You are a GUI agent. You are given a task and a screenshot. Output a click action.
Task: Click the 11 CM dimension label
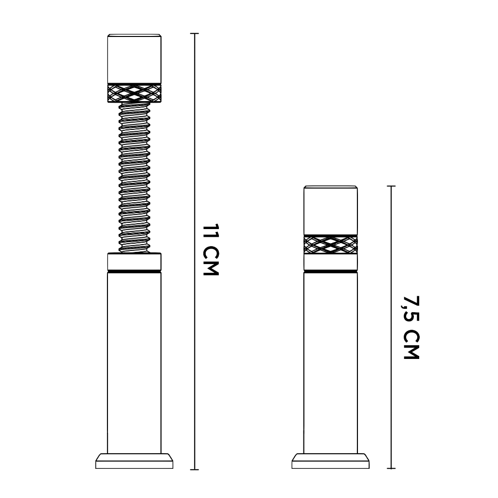211,250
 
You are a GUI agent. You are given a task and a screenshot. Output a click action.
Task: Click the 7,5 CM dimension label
411,327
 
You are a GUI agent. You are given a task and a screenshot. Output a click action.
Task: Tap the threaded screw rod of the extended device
134,178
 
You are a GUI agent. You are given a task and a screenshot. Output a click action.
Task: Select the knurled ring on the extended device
134,93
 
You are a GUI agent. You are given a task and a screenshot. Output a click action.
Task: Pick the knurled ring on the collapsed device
331,245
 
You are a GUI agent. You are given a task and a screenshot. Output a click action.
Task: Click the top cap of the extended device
134,58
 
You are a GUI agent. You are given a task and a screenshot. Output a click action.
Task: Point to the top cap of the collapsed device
331,211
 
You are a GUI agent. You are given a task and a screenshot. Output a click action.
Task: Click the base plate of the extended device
134,461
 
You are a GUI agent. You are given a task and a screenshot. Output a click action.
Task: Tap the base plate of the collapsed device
331,461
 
